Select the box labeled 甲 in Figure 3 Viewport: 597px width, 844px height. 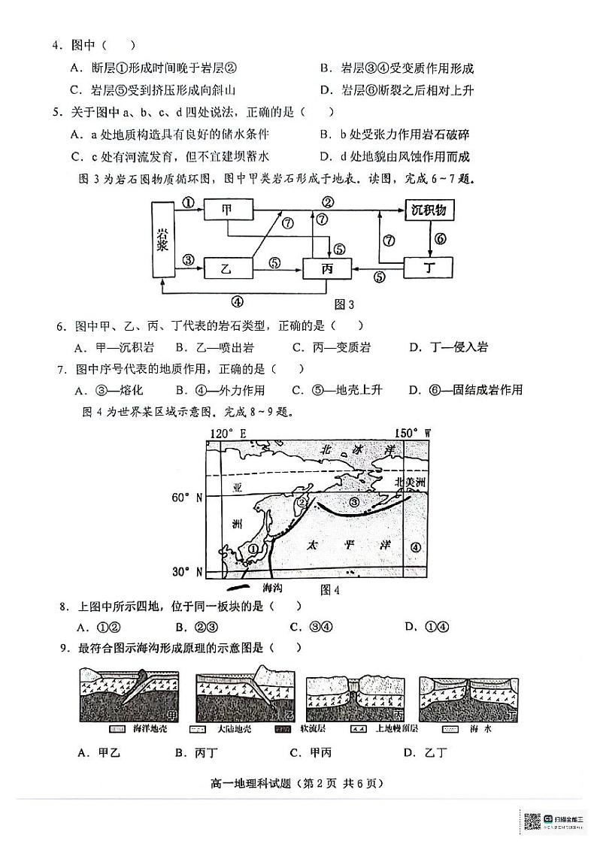[226, 210]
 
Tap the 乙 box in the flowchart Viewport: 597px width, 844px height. [226, 267]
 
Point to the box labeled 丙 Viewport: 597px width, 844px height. [327, 268]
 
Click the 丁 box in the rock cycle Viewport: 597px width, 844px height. [429, 268]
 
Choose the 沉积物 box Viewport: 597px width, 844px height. [429, 210]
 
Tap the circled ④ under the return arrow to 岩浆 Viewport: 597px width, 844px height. [238, 302]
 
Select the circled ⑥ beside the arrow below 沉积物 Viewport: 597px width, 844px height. [441, 238]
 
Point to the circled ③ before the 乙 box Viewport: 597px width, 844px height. [188, 260]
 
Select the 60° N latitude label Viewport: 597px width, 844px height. [188, 498]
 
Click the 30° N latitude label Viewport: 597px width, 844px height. [188, 572]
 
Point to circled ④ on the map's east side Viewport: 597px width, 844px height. [417, 547]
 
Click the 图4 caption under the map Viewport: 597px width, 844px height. [330, 590]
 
